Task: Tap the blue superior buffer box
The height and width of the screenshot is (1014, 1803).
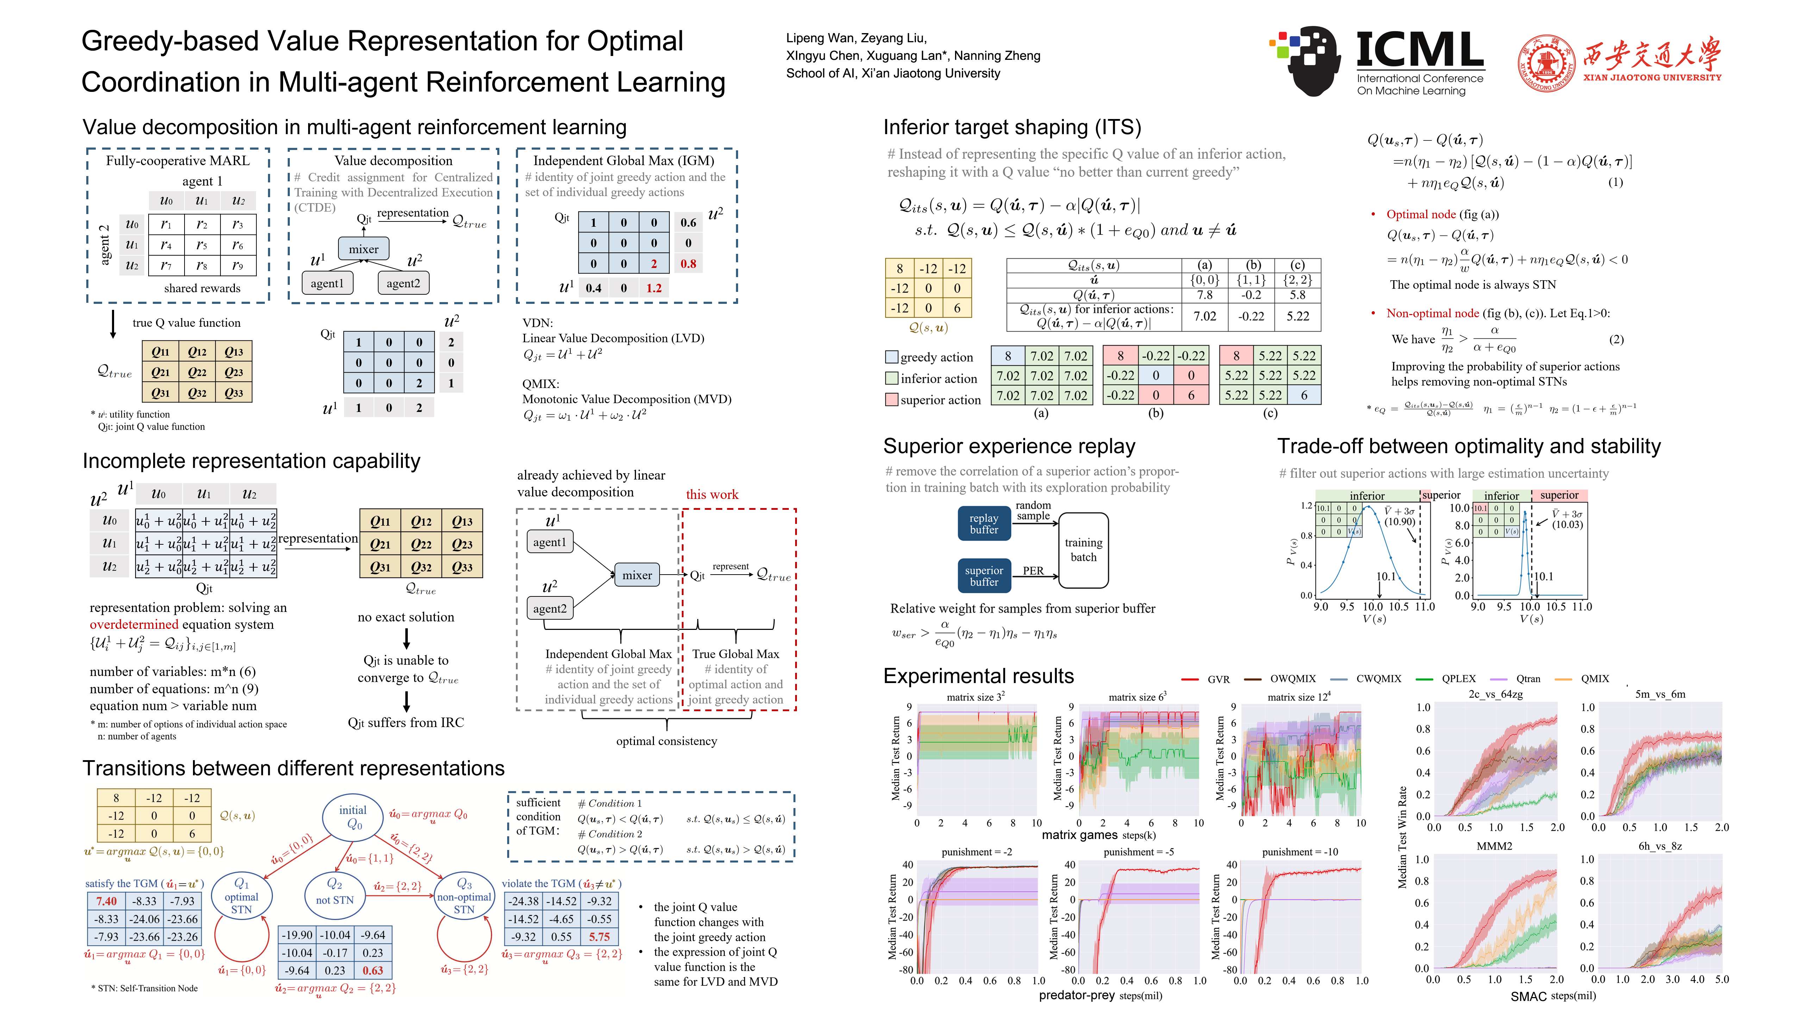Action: tap(984, 576)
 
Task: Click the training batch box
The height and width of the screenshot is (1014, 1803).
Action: tap(1083, 550)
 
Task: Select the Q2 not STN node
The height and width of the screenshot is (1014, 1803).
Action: tap(335, 892)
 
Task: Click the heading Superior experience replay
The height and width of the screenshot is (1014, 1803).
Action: tap(1009, 446)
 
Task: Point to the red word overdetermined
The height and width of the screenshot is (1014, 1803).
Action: tap(134, 624)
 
